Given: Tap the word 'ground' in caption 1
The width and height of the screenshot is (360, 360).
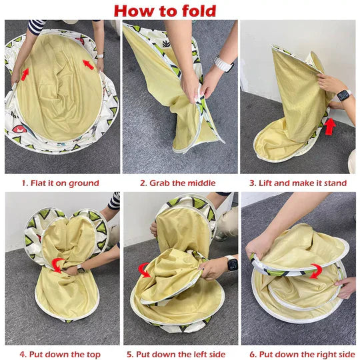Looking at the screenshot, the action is (x=84, y=183).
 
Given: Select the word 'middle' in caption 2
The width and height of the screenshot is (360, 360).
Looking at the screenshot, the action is (x=201, y=183).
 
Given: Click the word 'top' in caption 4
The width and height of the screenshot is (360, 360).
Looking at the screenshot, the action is (x=93, y=355).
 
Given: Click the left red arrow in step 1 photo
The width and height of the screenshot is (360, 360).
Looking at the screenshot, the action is (x=25, y=75).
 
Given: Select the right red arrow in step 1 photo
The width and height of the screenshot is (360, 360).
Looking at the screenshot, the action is (x=89, y=65).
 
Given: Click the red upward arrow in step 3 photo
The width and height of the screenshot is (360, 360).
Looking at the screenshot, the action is (x=330, y=126).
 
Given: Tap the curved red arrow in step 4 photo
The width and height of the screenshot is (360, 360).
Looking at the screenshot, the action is (x=57, y=265).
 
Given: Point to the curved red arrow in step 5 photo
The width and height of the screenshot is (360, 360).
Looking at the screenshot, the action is (x=144, y=270).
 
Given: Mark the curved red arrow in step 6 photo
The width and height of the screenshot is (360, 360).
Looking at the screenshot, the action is (x=316, y=271).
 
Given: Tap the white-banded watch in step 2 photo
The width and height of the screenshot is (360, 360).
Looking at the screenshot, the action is (x=223, y=63).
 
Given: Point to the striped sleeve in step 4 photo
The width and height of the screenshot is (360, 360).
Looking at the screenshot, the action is (x=114, y=201).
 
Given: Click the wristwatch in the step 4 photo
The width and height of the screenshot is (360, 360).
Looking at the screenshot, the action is (x=81, y=269).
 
